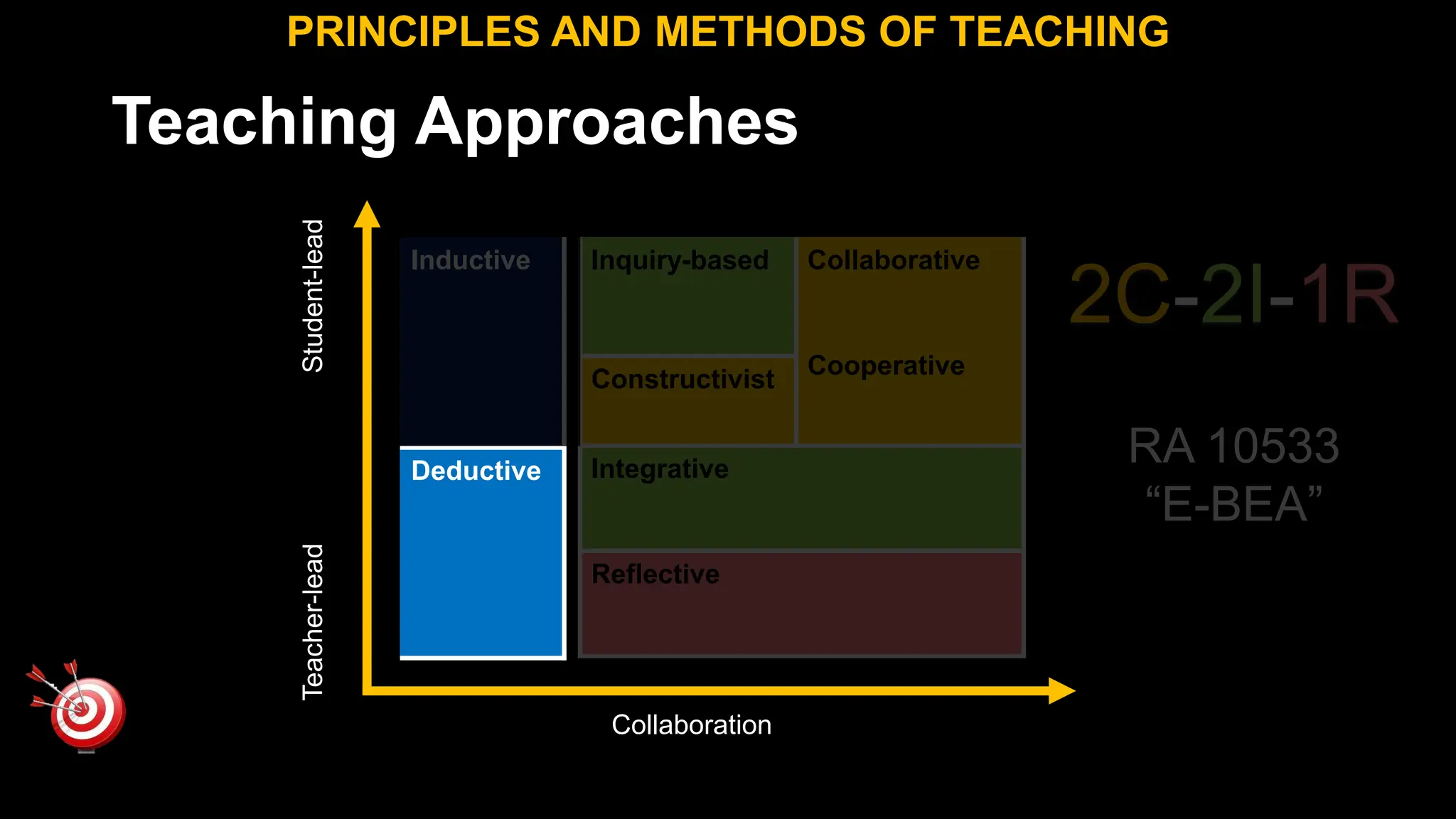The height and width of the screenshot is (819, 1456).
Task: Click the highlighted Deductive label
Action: point(476,471)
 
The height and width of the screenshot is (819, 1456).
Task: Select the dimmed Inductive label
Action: point(470,260)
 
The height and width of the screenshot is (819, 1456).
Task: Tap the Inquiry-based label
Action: point(679,260)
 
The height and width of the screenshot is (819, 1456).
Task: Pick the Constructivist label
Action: point(682,379)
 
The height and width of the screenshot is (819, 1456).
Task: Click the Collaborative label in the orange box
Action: point(893,260)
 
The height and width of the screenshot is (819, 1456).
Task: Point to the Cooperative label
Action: point(886,365)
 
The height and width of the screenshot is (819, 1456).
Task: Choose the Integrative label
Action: point(659,469)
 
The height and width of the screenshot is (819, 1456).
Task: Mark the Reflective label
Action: point(655,574)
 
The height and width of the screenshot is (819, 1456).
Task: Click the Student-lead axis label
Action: point(313,296)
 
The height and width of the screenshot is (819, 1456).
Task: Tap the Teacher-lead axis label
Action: point(313,622)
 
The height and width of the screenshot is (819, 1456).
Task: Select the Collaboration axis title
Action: point(691,725)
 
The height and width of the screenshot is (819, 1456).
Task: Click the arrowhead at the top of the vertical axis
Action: point(367,214)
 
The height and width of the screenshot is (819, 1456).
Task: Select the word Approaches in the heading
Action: point(606,122)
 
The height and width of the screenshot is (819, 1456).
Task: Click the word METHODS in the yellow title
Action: point(760,32)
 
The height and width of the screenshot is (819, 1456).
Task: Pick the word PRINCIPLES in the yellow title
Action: point(413,32)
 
